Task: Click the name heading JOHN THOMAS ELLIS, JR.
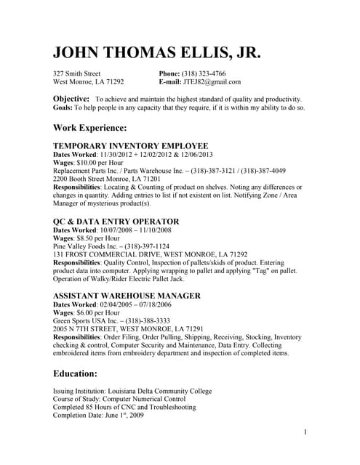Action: click(x=156, y=53)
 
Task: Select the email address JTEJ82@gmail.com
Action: click(x=212, y=82)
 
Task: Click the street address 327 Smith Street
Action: click(x=77, y=73)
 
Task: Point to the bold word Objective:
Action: click(x=71, y=98)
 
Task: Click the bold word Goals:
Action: click(x=63, y=108)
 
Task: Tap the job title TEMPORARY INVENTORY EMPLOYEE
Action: click(x=131, y=145)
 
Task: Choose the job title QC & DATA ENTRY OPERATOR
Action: click(x=116, y=221)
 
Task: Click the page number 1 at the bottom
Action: click(x=306, y=432)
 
